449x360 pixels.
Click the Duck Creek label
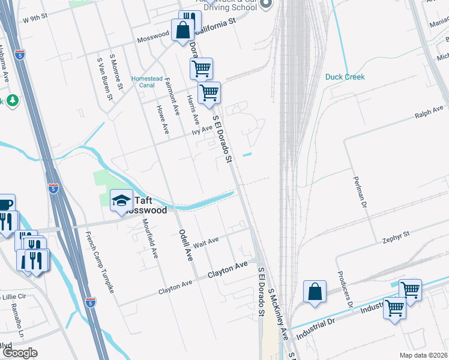[x=345, y=77]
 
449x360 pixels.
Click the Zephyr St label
[x=396, y=233]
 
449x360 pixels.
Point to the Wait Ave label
[x=206, y=242]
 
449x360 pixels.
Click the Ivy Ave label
[x=203, y=129]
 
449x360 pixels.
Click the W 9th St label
[x=35, y=20]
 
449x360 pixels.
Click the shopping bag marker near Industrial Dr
[x=315, y=292]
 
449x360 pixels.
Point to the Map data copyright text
[x=423, y=355]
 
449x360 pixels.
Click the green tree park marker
[x=11, y=101]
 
